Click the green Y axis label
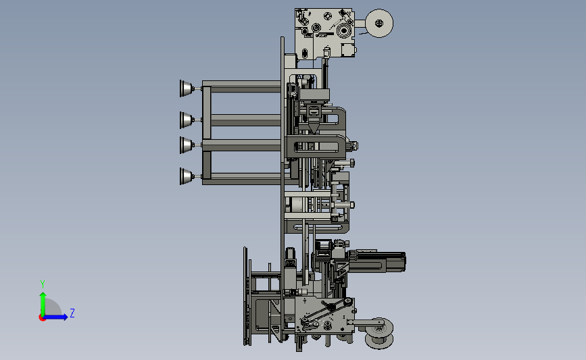42,284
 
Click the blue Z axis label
72,313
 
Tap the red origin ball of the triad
42,317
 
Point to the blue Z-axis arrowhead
65,317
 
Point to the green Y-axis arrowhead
43,295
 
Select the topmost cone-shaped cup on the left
186,88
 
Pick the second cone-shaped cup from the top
186,120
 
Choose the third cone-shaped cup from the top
186,145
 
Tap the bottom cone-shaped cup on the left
186,176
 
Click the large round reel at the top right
379,23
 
